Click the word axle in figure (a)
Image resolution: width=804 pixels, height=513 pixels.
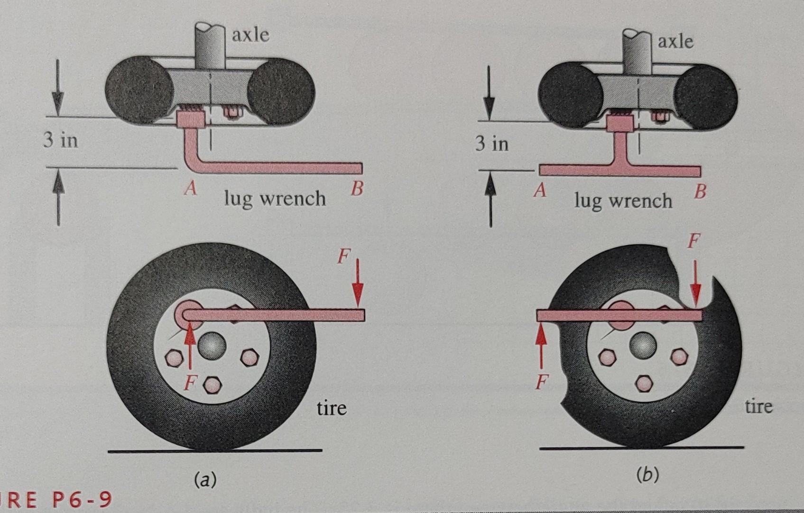click(250, 35)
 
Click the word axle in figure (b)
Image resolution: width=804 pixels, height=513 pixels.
click(675, 42)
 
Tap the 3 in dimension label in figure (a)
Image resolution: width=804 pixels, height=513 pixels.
click(61, 141)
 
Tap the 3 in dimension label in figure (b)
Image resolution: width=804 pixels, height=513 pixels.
click(492, 143)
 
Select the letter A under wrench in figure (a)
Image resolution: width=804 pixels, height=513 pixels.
click(191, 189)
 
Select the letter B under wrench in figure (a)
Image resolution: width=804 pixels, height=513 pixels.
click(357, 189)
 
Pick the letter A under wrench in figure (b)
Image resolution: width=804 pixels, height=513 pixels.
click(540, 191)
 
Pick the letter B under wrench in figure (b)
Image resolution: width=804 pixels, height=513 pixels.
click(700, 191)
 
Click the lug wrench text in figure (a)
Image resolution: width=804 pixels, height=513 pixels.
click(275, 199)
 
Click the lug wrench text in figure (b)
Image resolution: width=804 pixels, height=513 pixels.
click(623, 201)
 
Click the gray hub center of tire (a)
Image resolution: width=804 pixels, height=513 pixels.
click(212, 346)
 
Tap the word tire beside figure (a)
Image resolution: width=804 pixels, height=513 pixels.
click(332, 408)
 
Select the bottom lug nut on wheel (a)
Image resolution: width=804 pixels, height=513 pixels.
click(212, 385)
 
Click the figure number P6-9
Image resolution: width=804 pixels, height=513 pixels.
click(81, 499)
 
